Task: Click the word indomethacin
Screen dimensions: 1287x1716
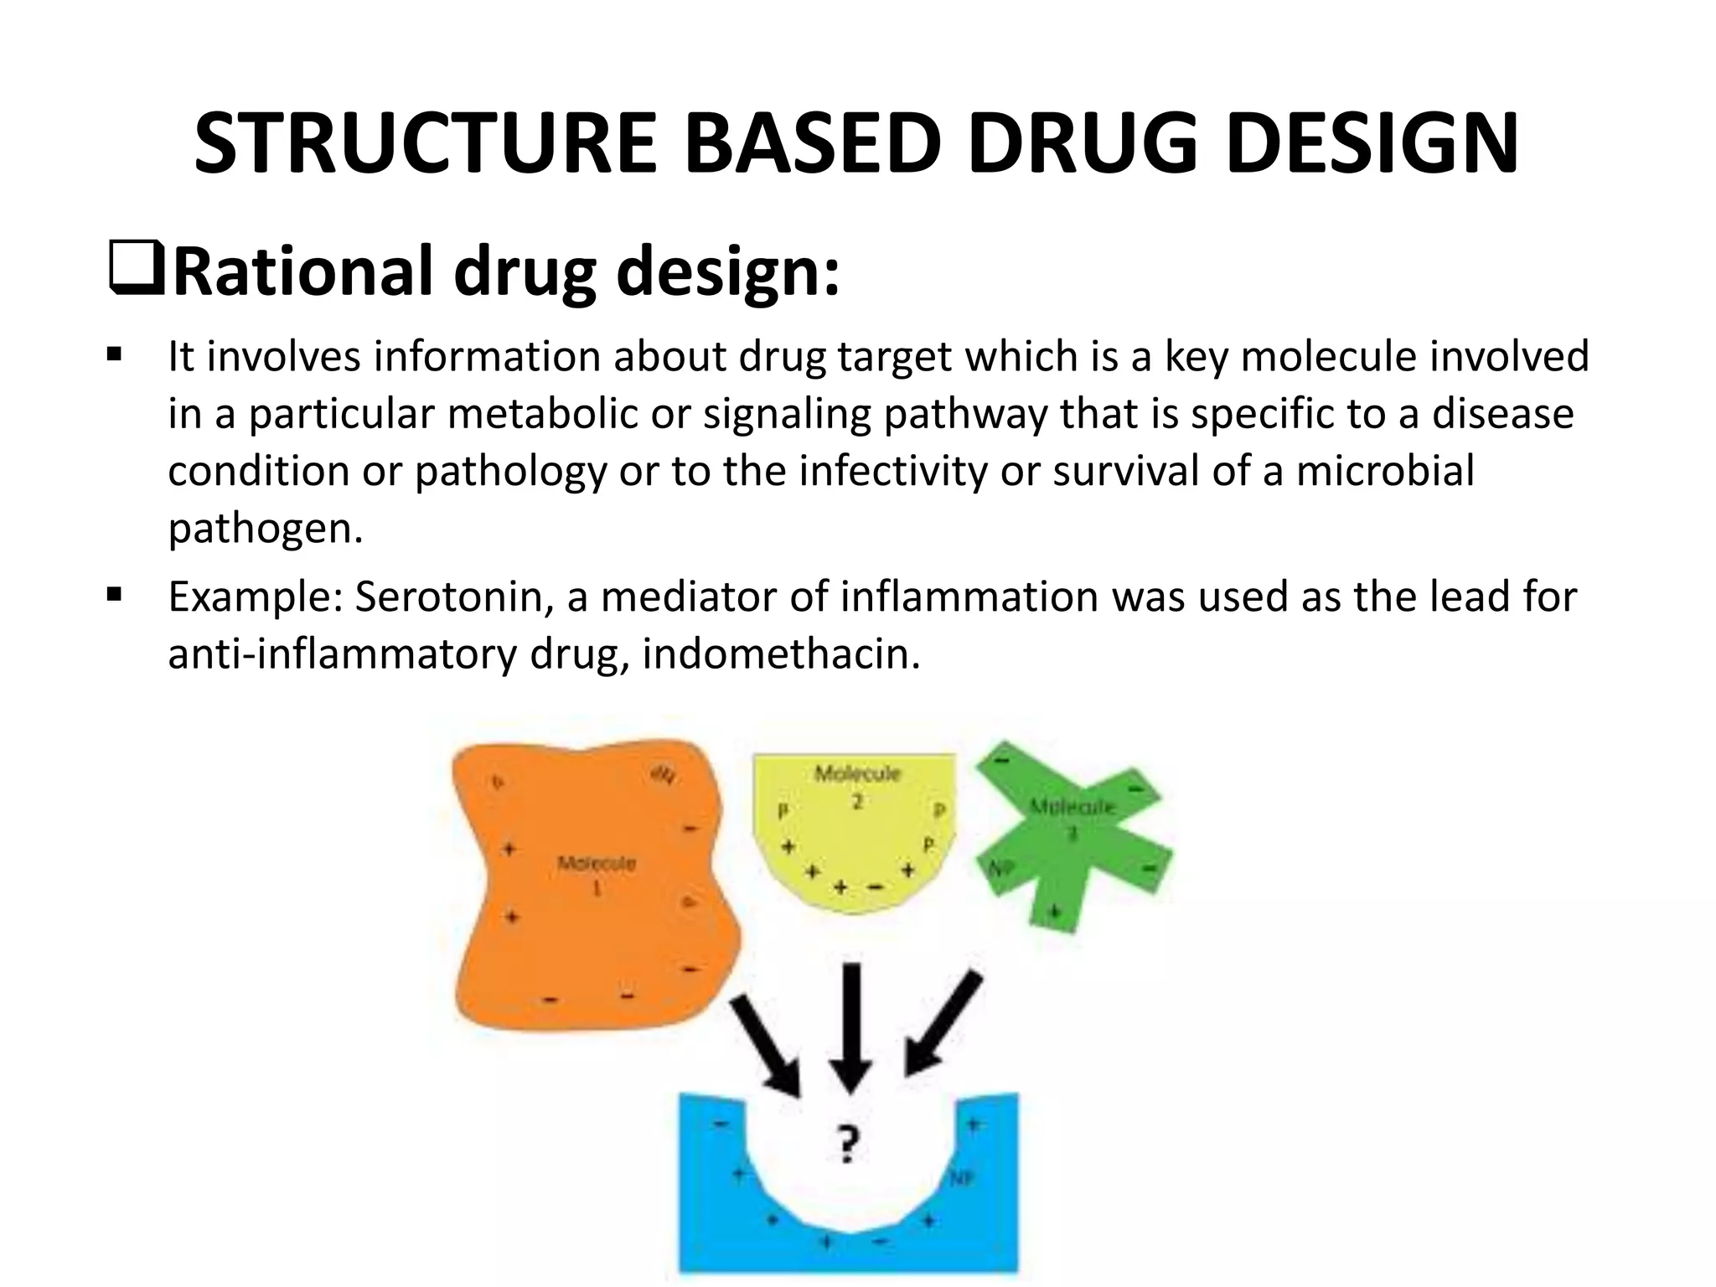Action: [780, 654]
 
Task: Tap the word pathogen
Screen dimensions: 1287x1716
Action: [265, 529]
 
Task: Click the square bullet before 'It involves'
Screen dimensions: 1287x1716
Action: [115, 356]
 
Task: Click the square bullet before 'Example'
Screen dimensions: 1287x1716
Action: [115, 597]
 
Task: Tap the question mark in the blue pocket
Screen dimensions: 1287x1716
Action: [848, 1145]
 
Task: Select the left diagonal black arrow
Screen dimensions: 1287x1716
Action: [768, 1047]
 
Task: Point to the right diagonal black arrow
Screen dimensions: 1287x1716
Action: [942, 1026]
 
